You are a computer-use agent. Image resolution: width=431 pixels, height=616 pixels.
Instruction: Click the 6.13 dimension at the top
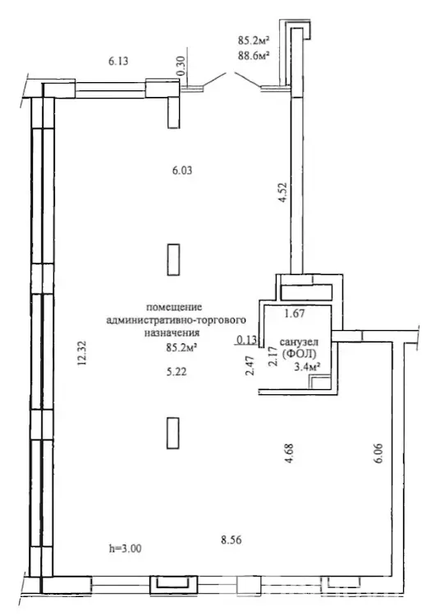click(117, 62)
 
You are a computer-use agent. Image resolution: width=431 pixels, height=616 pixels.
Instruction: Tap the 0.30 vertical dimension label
click(181, 66)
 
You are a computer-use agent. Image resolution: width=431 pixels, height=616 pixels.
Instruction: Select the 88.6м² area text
click(253, 55)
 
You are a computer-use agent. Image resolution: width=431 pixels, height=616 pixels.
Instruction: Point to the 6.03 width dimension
click(182, 171)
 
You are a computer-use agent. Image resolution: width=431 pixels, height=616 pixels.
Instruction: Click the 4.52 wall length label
click(282, 191)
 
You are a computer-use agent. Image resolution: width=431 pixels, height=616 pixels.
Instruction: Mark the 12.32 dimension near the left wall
click(81, 353)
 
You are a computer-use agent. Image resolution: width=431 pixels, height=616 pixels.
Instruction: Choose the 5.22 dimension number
click(177, 371)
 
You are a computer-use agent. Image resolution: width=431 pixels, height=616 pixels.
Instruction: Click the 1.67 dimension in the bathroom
click(295, 313)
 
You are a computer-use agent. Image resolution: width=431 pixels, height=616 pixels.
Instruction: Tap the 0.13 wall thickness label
click(247, 340)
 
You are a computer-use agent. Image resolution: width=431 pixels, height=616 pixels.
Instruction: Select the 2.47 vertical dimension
click(250, 365)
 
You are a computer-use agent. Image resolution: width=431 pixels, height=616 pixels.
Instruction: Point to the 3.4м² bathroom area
click(306, 367)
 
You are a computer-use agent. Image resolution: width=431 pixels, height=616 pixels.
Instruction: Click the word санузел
click(299, 342)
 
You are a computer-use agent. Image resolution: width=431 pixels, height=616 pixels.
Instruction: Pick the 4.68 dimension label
click(289, 453)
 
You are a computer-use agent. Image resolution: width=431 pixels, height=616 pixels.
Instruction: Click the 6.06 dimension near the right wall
click(378, 453)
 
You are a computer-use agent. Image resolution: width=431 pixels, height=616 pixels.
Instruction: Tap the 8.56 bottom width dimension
click(231, 540)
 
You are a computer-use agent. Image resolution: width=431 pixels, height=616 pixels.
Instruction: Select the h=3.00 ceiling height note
click(126, 548)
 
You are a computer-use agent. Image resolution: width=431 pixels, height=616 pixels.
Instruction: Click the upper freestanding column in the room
click(173, 260)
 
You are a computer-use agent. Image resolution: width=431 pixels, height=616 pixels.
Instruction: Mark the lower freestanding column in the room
click(173, 433)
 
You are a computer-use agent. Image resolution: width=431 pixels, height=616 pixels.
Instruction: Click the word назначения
click(172, 333)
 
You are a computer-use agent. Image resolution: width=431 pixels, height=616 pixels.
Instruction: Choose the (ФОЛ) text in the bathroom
click(299, 353)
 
